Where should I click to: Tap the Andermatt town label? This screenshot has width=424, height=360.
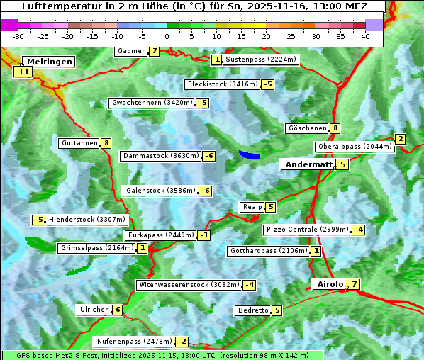(308, 164)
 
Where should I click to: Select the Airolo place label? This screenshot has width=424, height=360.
(330, 284)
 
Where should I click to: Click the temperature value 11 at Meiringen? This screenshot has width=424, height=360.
(23, 72)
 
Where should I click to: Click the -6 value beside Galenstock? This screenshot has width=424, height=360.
(205, 191)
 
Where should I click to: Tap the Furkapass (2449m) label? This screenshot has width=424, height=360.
(160, 235)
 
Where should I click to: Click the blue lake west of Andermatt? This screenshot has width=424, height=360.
(250, 154)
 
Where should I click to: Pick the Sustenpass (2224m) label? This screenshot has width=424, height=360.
(260, 60)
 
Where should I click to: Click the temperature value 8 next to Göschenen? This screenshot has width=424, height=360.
(335, 128)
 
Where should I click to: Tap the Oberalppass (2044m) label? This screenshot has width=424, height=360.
(354, 147)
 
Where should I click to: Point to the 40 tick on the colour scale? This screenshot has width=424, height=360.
(365, 35)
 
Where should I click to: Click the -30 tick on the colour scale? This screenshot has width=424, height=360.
(18, 35)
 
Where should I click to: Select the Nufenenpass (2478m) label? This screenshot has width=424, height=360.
(133, 342)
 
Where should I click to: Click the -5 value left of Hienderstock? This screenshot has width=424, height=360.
(39, 220)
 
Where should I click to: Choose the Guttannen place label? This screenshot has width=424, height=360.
(79, 143)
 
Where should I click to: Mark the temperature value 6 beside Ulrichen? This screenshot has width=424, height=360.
(118, 310)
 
